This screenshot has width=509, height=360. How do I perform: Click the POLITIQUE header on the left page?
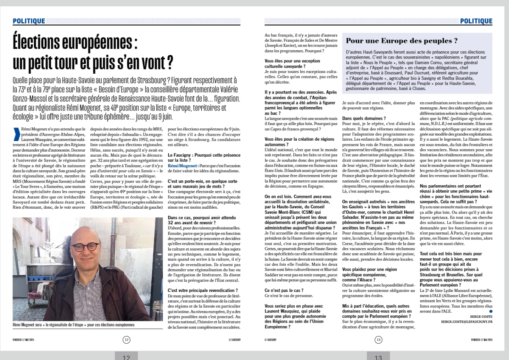tap(29, 21)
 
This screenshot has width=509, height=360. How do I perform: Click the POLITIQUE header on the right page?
tap(476, 21)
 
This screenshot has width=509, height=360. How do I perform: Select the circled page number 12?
tap(127, 339)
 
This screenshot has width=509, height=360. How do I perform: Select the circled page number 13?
tap(378, 340)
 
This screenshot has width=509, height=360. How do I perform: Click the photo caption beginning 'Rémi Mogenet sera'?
tap(73, 325)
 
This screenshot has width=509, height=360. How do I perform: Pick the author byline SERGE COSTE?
tap(481, 316)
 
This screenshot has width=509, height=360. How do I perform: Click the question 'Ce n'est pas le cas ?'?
tap(284, 290)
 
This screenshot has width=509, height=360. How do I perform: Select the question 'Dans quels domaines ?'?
tap(364, 118)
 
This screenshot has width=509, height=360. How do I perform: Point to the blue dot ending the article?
tap(491, 311)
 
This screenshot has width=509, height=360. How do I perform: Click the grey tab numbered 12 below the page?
tap(126, 356)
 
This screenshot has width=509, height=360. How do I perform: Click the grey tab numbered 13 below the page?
tap(378, 356)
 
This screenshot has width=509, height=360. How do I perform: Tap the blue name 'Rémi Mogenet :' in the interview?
tap(183, 165)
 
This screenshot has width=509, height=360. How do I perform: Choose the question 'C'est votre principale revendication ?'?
tap(203, 290)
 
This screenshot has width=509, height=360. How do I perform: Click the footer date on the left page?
tap(23, 339)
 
